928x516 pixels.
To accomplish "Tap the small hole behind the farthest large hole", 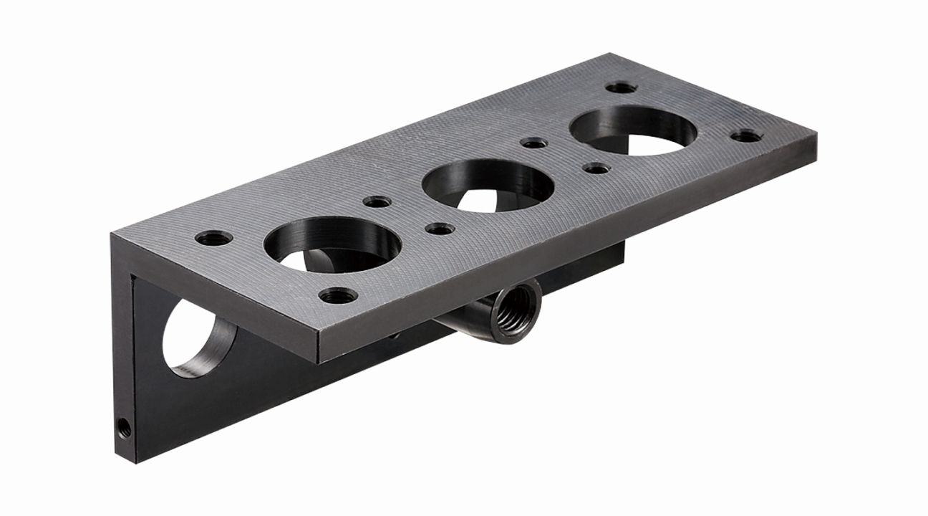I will tap(621, 87).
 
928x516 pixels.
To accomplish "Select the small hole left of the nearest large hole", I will tap(213, 237).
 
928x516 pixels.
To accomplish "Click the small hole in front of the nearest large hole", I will tap(334, 295).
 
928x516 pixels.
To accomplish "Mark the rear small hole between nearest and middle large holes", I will tap(377, 203).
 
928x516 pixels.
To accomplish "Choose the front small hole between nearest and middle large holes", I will tap(438, 229).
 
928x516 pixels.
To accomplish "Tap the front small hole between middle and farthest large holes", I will tap(596, 168).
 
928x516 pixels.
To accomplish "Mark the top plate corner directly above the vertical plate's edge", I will tap(112, 234).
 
